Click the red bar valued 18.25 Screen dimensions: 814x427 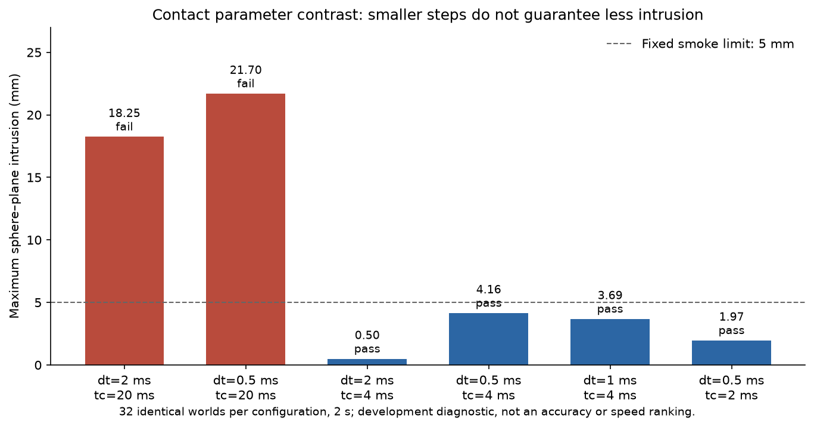(x=124, y=251)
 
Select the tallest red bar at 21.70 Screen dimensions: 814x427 (x=246, y=230)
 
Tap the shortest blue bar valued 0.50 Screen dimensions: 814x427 (x=367, y=362)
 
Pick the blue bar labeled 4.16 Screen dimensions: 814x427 (x=488, y=339)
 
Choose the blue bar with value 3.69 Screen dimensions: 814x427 (x=610, y=342)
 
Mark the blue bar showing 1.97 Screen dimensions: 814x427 (x=731, y=352)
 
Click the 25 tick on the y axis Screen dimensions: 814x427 (x=34, y=53)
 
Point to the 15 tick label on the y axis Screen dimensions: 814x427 (x=34, y=178)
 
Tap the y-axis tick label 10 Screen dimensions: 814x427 (x=34, y=240)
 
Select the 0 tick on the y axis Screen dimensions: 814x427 (x=38, y=365)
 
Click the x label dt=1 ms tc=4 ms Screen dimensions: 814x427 (x=610, y=388)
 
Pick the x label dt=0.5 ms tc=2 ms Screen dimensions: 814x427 (x=731, y=388)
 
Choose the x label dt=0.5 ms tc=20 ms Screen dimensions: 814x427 (x=246, y=388)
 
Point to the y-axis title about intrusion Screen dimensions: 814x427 (x=14, y=196)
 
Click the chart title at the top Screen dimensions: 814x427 (x=428, y=15)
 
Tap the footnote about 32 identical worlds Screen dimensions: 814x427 (x=407, y=411)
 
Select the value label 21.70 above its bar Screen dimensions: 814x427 (x=246, y=70)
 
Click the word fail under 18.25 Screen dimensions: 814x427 (x=124, y=126)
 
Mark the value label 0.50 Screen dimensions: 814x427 (x=367, y=335)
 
